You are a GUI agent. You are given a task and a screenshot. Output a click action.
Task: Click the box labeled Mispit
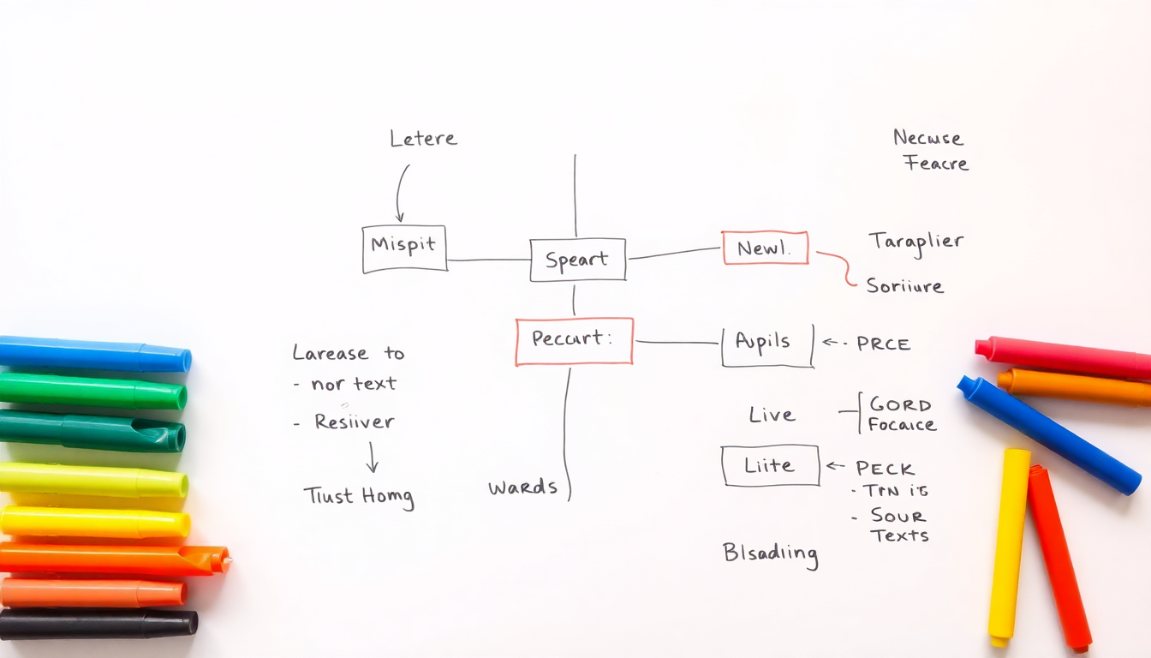pyautogui.click(x=404, y=248)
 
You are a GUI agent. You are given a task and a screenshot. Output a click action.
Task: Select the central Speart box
pyautogui.click(x=578, y=260)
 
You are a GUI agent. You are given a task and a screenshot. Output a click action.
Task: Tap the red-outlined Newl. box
pyautogui.click(x=765, y=248)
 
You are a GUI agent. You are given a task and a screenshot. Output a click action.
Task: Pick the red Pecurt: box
pyautogui.click(x=574, y=341)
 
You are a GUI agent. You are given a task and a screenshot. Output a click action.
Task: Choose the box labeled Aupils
pyautogui.click(x=766, y=345)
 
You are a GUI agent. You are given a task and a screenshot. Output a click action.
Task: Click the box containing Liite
pyautogui.click(x=770, y=466)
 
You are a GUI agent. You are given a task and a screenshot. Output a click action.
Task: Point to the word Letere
pyautogui.click(x=423, y=139)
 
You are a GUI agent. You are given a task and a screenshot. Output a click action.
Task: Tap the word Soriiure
pyautogui.click(x=905, y=286)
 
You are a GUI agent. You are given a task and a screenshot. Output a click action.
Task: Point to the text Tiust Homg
pyautogui.click(x=359, y=496)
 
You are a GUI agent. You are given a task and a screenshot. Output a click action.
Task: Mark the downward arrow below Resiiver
pyautogui.click(x=372, y=458)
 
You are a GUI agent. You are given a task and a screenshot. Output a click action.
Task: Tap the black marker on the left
pyautogui.click(x=98, y=623)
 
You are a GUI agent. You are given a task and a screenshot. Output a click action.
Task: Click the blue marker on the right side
pyautogui.click(x=1049, y=435)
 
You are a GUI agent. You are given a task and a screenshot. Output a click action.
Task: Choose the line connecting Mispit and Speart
pyautogui.click(x=488, y=260)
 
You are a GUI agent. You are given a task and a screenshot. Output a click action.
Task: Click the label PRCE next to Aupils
pyautogui.click(x=883, y=344)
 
